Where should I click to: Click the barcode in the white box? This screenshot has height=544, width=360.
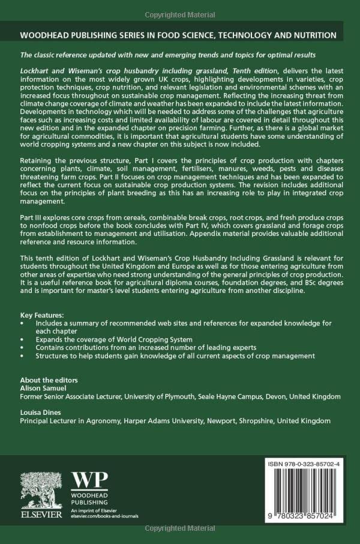click(x=302, y=498)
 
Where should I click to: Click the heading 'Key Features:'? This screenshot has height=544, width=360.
click(x=44, y=315)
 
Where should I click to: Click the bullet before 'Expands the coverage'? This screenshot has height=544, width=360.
click(x=22, y=339)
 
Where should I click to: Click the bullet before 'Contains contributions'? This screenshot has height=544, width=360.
click(x=22, y=348)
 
